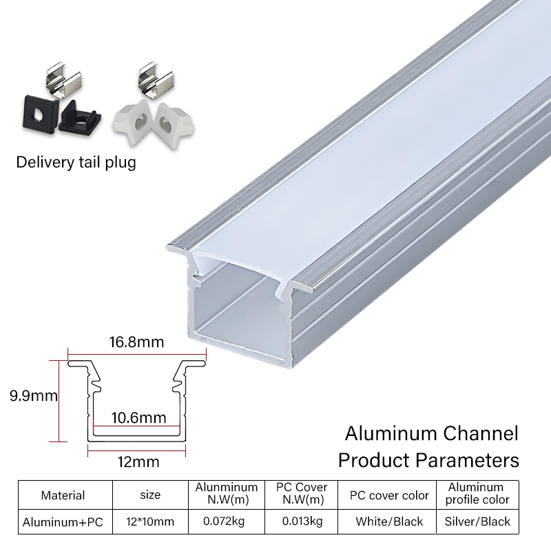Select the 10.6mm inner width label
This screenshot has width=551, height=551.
click(x=138, y=417)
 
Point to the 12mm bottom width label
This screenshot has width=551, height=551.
click(x=136, y=460)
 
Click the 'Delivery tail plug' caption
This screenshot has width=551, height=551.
click(x=76, y=163)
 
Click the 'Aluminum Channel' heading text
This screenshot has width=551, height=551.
click(x=431, y=434)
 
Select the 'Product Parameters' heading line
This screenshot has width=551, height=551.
click(x=428, y=459)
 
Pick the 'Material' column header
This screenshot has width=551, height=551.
click(x=63, y=495)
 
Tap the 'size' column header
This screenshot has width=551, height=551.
click(x=149, y=495)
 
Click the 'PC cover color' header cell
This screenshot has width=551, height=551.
click(x=389, y=495)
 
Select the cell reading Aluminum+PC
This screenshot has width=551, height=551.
click(x=63, y=522)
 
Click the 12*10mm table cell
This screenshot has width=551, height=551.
click(x=149, y=522)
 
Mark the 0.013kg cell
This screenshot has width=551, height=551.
click(x=301, y=522)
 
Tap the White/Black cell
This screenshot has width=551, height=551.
click(x=389, y=522)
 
